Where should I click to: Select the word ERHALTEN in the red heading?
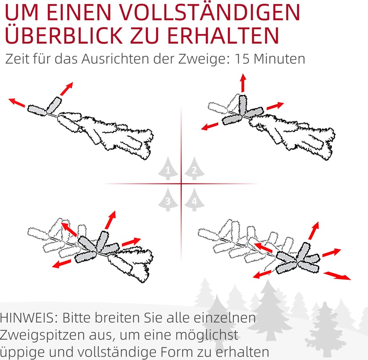coord(223,35)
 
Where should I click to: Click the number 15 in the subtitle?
coord(242,59)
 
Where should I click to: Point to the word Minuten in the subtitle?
coord(279,59)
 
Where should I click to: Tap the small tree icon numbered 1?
coord(168,168)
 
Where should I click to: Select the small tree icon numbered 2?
coord(194,168)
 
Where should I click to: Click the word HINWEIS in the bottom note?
coord(29,318)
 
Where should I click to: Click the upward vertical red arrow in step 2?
coord(243,83)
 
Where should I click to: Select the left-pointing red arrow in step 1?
coord(17,102)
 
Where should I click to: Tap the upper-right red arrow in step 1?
coord(67,89)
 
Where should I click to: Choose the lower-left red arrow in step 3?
coord(61,264)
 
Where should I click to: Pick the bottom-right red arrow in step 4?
coord(337,276)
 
